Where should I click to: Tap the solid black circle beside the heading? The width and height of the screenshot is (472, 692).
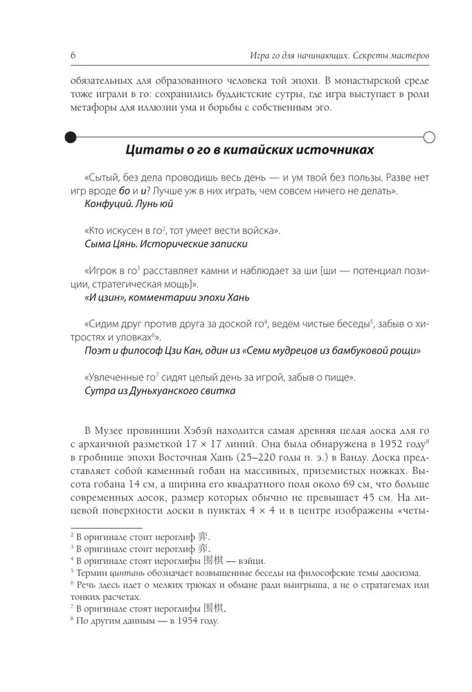(x=71, y=137)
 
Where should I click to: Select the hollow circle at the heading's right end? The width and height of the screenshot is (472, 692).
(x=428, y=137)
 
